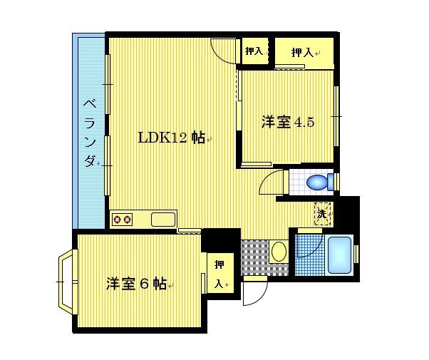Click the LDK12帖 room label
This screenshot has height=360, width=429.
click(x=171, y=138)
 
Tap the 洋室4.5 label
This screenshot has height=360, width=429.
click(x=287, y=122)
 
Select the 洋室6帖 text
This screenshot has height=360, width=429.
click(x=137, y=283)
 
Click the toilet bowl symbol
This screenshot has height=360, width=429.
click(x=318, y=182)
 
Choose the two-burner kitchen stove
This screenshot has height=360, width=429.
click(x=122, y=219)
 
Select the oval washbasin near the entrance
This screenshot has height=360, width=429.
click(x=279, y=252)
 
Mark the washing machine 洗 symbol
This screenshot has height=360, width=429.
click(x=322, y=213)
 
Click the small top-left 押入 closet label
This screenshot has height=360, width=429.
click(x=253, y=51)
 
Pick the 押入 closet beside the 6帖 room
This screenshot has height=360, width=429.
click(x=219, y=274)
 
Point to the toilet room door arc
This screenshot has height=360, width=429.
click(x=272, y=183)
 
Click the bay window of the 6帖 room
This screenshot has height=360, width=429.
click(x=66, y=282)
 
